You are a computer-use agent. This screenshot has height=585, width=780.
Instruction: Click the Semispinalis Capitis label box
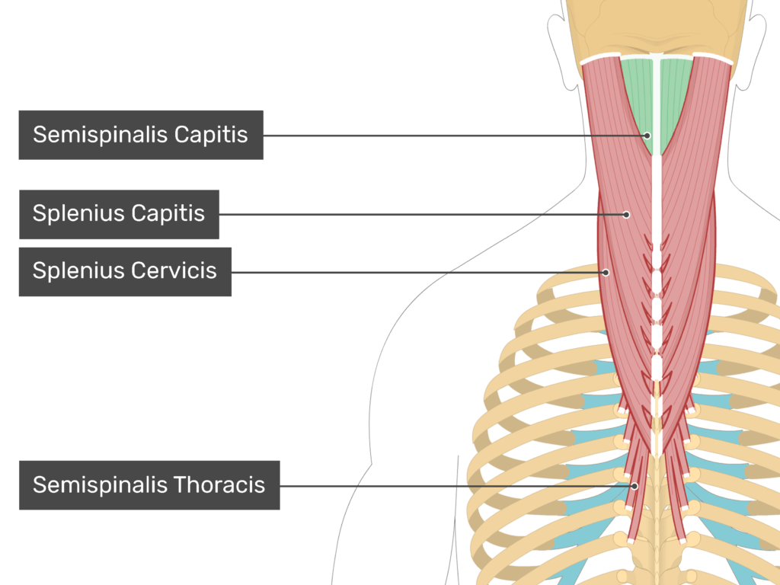141,135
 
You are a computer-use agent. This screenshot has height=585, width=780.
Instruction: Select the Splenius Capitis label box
119,214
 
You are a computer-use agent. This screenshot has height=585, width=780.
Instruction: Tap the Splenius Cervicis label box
125,271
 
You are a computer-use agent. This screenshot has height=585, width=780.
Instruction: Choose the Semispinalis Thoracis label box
149,484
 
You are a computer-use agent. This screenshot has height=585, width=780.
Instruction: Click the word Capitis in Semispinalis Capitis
211,135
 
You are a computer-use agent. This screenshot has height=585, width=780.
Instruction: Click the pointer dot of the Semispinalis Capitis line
647,136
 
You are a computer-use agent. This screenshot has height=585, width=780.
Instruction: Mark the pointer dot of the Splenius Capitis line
627,215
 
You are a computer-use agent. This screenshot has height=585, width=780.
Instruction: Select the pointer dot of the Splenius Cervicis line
606,272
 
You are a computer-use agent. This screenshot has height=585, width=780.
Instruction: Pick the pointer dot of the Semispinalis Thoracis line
634,485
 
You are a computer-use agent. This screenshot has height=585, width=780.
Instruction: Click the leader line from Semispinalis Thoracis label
457,485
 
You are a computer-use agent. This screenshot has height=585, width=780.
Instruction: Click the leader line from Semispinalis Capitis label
457,136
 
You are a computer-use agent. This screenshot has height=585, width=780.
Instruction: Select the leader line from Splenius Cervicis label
419,272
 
